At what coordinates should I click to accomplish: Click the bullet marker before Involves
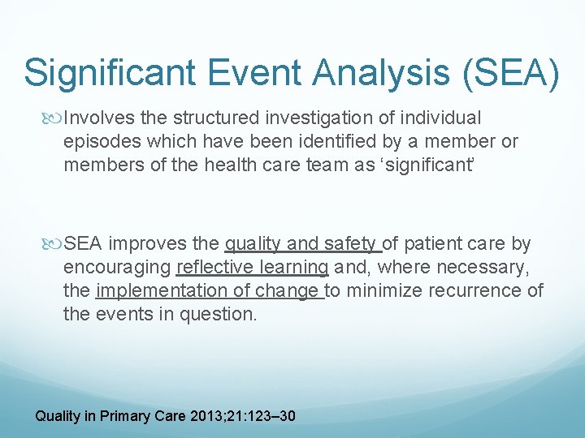point(55,118)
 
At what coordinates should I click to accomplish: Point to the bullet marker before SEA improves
point(55,244)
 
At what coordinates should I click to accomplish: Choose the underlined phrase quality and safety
point(302,244)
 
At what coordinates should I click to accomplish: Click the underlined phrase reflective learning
point(252,268)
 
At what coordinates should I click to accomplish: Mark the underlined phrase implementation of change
point(210,291)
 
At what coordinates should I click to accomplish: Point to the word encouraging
point(116,268)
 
